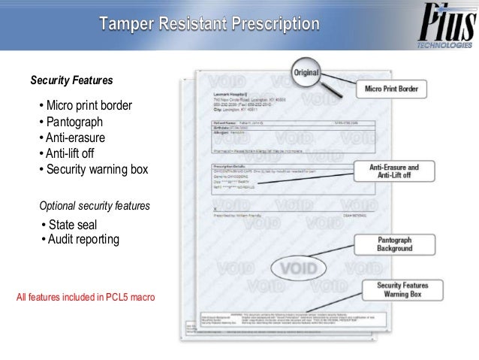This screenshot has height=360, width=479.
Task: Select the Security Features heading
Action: [x=71, y=80]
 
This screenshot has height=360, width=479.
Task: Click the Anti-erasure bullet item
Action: [x=72, y=138]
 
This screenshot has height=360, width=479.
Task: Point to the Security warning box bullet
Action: [x=94, y=169]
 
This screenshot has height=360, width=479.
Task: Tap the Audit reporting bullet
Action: [x=79, y=240]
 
